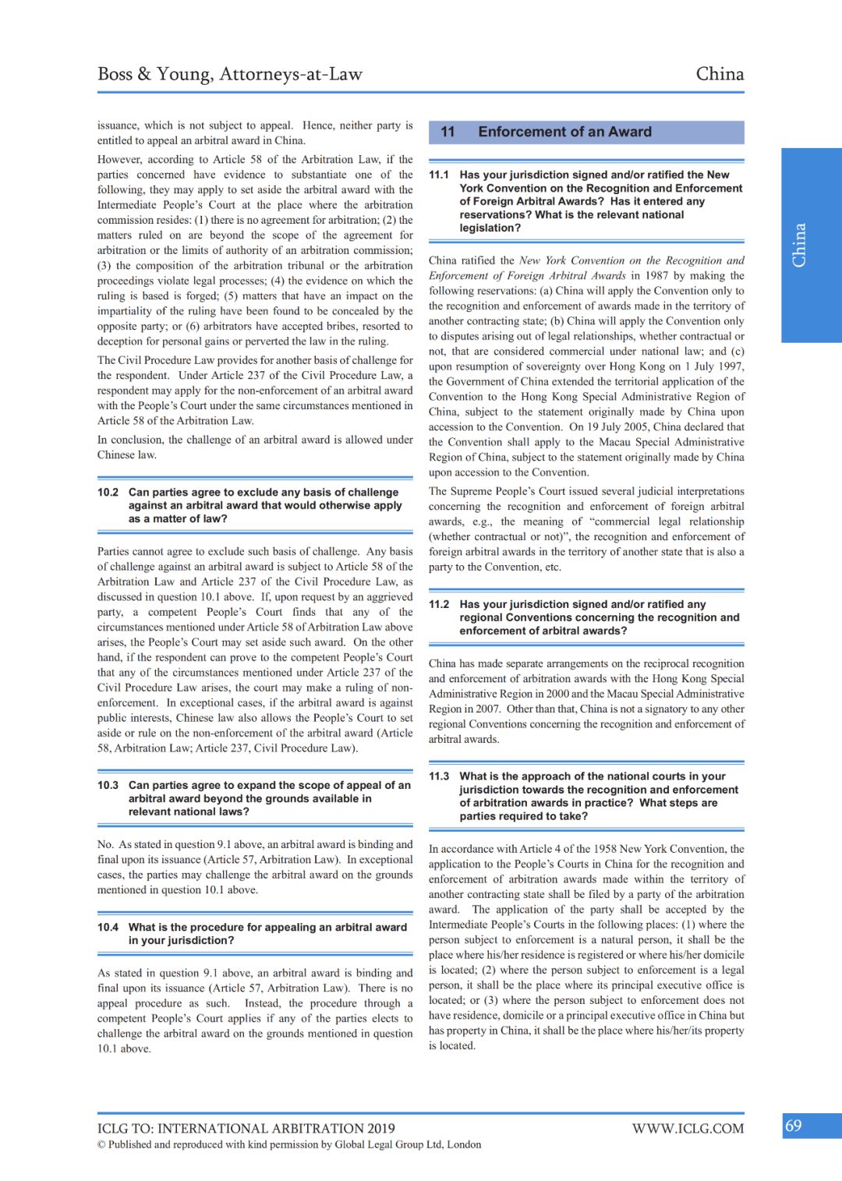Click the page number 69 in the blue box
794,1126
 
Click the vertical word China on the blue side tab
799,245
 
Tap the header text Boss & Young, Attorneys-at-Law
230,74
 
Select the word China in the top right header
720,74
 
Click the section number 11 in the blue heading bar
448,132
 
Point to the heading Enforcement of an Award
564,132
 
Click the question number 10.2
108,493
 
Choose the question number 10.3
108,786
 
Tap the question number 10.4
108,928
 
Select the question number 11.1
439,175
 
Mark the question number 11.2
439,605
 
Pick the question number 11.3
439,776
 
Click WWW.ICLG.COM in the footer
688,1129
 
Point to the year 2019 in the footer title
380,1129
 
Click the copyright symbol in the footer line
101,1145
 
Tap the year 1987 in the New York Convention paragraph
656,276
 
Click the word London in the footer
464,1145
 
